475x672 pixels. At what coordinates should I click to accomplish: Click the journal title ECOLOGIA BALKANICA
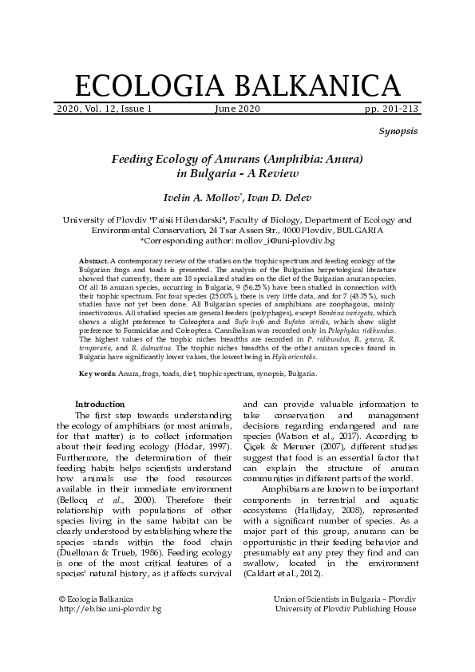pos(237,85)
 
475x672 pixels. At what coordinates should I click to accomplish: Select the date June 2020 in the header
pos(237,108)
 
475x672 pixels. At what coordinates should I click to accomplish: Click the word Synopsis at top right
pos(398,130)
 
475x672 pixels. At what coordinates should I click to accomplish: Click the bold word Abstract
pos(93,261)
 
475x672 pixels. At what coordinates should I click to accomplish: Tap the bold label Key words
pos(98,373)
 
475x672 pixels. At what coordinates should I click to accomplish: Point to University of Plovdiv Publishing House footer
pos(345,609)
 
